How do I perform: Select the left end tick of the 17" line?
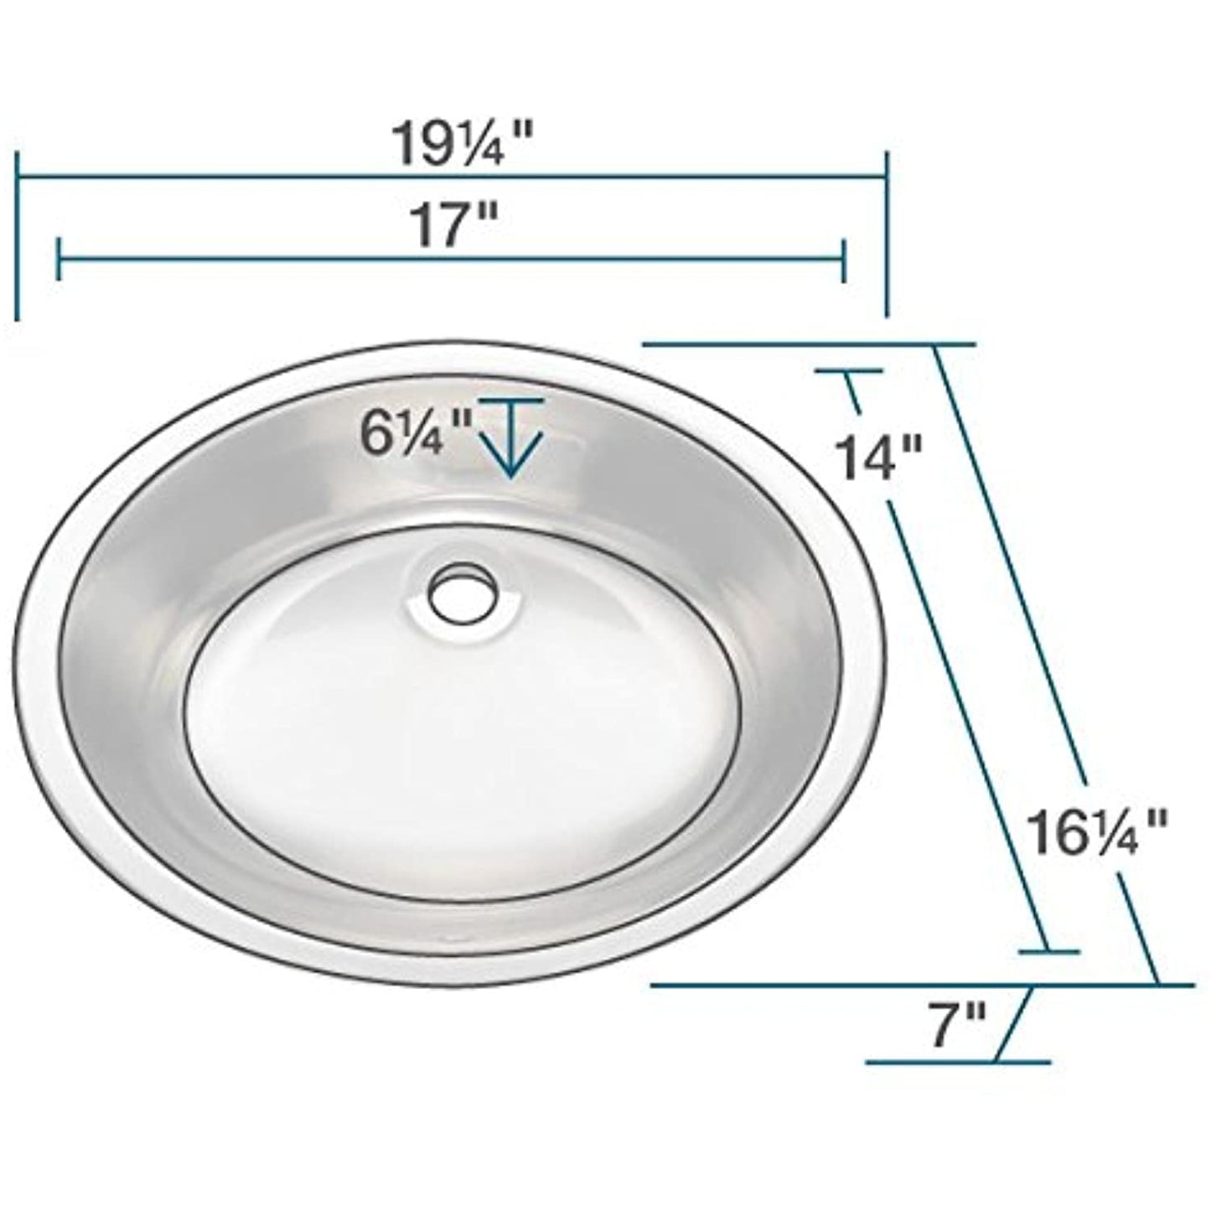click(58, 259)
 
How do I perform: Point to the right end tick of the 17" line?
click(843, 259)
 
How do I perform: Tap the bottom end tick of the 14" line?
click(1048, 952)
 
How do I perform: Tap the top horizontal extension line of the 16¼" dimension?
click(809, 344)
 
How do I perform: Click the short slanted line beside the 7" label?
click(1012, 1024)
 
